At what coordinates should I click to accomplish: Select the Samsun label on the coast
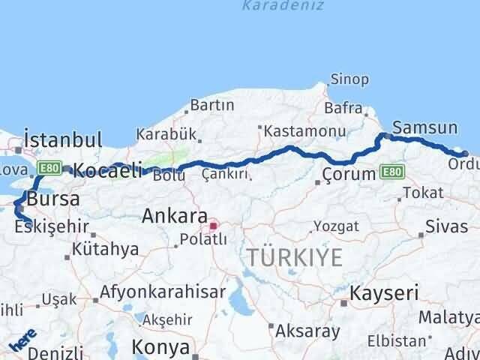pyautogui.click(x=424, y=128)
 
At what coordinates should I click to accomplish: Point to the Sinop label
pyautogui.click(x=349, y=79)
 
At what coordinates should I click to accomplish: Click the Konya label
pyautogui.click(x=160, y=346)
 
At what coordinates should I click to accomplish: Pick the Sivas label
pyautogui.click(x=446, y=226)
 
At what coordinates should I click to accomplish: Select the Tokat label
pyautogui.click(x=422, y=193)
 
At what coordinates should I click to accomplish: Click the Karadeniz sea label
pyautogui.click(x=283, y=5)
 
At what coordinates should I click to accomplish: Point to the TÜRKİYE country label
pyautogui.click(x=295, y=257)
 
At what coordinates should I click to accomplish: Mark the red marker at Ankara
pyautogui.click(x=214, y=225)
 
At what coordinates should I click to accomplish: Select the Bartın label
pyautogui.click(x=212, y=105)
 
